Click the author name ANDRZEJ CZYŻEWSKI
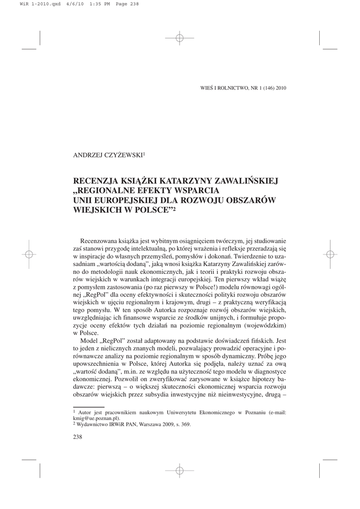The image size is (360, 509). pos(107,156)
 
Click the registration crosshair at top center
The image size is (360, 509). pos(180,37)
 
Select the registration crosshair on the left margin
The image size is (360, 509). pos(29,254)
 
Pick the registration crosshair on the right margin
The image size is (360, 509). pos(331,254)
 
